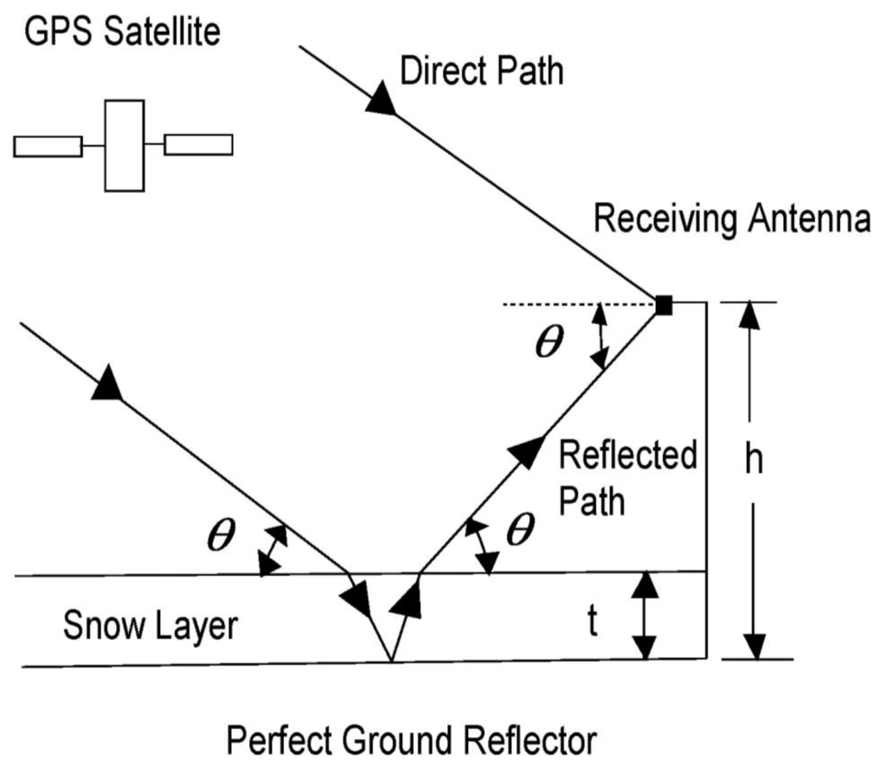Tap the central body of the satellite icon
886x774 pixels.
click(123, 145)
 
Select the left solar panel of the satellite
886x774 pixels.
click(48, 146)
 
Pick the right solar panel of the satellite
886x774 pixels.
click(198, 144)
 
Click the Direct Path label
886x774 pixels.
click(481, 71)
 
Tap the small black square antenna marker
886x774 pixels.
click(664, 304)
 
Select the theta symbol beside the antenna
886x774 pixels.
click(549, 342)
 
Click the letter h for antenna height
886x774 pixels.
click(754, 460)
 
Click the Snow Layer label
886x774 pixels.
click(150, 625)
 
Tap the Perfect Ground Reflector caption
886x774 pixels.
click(411, 741)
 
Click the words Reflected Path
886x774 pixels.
click(627, 477)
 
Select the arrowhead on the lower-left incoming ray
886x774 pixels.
click(106, 384)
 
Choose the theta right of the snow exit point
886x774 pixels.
click(519, 530)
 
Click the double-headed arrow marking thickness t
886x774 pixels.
click(641, 615)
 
